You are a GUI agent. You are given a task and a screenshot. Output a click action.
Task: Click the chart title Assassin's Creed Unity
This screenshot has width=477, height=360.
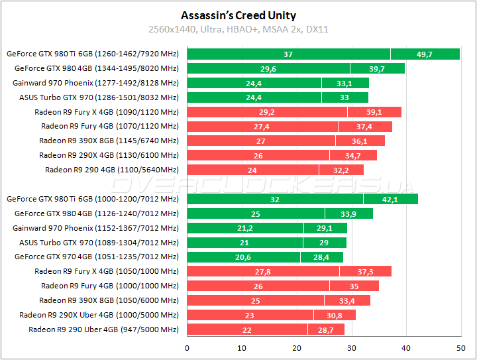tap(238, 15)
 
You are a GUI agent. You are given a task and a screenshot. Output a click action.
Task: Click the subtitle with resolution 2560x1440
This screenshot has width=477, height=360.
tap(238, 29)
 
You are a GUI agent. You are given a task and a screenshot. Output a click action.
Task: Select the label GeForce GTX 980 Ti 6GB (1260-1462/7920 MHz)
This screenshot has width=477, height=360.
tap(92, 54)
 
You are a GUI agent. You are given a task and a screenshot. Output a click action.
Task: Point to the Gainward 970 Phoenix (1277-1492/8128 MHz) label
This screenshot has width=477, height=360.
tap(95, 83)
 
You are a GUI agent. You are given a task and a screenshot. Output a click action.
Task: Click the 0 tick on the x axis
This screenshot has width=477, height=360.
tap(187, 348)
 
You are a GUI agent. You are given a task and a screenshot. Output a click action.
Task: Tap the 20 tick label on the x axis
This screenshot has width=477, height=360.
tap(297, 348)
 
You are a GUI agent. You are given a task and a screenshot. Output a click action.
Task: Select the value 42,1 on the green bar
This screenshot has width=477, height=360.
tap(390, 199)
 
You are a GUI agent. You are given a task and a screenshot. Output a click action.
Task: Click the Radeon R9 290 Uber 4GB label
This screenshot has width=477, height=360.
tap(103, 330)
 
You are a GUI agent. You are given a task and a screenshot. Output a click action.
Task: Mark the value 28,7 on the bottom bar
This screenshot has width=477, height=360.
tap(326, 330)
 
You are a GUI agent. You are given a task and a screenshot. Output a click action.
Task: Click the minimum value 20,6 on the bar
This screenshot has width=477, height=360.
tap(244, 257)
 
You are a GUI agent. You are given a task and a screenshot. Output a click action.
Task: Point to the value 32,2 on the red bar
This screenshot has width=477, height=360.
tap(341, 170)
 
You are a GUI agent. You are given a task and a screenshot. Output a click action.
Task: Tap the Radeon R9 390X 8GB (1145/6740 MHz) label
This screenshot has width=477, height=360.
tap(109, 141)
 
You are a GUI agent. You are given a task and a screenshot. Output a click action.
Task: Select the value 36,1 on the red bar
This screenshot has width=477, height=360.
tap(360, 141)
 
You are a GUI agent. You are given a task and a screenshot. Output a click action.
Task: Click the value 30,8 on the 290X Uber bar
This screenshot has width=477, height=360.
tap(334, 315)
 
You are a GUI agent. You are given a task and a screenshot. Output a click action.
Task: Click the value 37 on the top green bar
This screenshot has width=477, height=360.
tap(288, 54)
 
